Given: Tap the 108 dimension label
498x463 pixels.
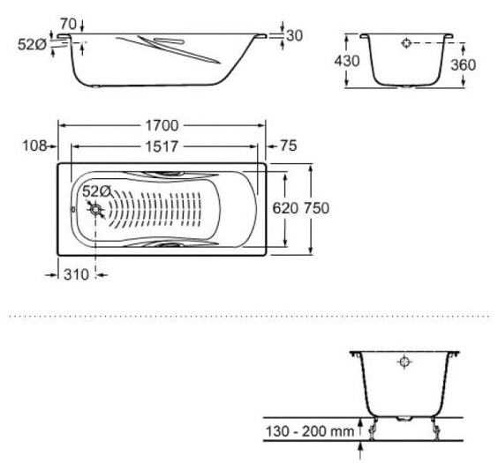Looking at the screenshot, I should pos(33,146).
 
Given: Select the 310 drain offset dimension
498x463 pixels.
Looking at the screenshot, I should pos(76,274).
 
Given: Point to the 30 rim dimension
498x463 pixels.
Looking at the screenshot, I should pos(295,35).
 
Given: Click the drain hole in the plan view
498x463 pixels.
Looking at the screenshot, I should pos(95,210).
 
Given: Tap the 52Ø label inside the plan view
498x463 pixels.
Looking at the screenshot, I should pos(95,190).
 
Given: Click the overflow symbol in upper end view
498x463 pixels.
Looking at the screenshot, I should pos(405,42).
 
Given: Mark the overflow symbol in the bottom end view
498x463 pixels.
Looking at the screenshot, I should pos(404,362).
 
